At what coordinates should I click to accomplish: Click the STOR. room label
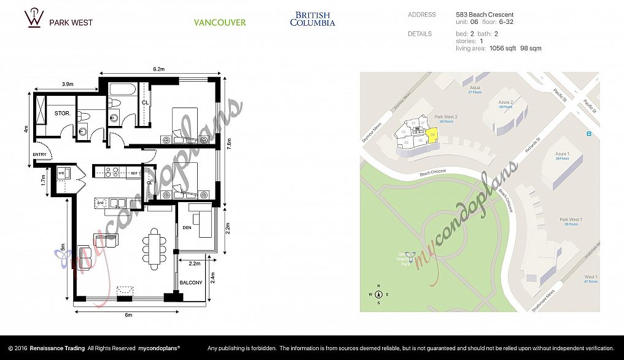(62, 114)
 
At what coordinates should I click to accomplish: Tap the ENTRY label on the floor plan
(39, 155)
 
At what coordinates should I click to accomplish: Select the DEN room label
(187, 228)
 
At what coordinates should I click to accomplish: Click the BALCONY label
(191, 283)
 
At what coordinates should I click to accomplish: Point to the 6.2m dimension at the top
(158, 69)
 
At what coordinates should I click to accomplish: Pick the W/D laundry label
(61, 173)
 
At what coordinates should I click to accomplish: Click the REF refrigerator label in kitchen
(135, 174)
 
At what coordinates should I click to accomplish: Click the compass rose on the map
(379, 295)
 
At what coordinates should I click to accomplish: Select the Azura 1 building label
(561, 155)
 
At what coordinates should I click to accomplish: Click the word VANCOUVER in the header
(220, 23)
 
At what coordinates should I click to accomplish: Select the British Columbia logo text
(313, 19)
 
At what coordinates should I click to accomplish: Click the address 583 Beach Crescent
(485, 15)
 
